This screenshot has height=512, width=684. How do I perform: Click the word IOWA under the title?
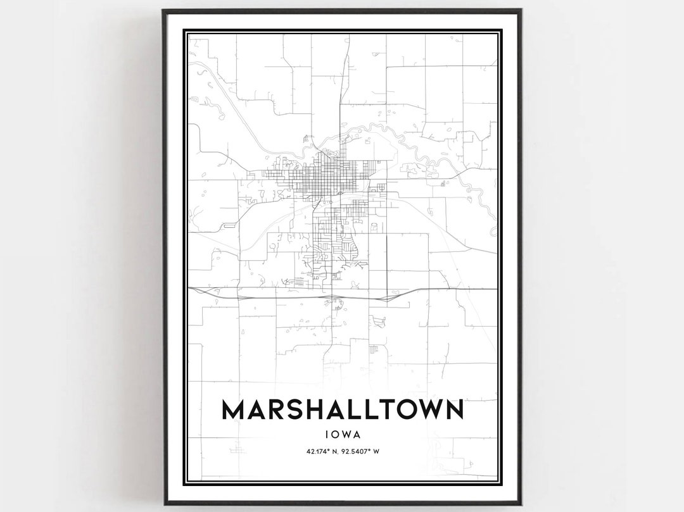click(343, 435)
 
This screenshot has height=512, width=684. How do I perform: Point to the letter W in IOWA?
click(346, 435)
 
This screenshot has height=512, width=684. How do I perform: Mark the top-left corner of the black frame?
click(163, 10)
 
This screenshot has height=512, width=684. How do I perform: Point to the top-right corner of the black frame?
click(521, 10)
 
